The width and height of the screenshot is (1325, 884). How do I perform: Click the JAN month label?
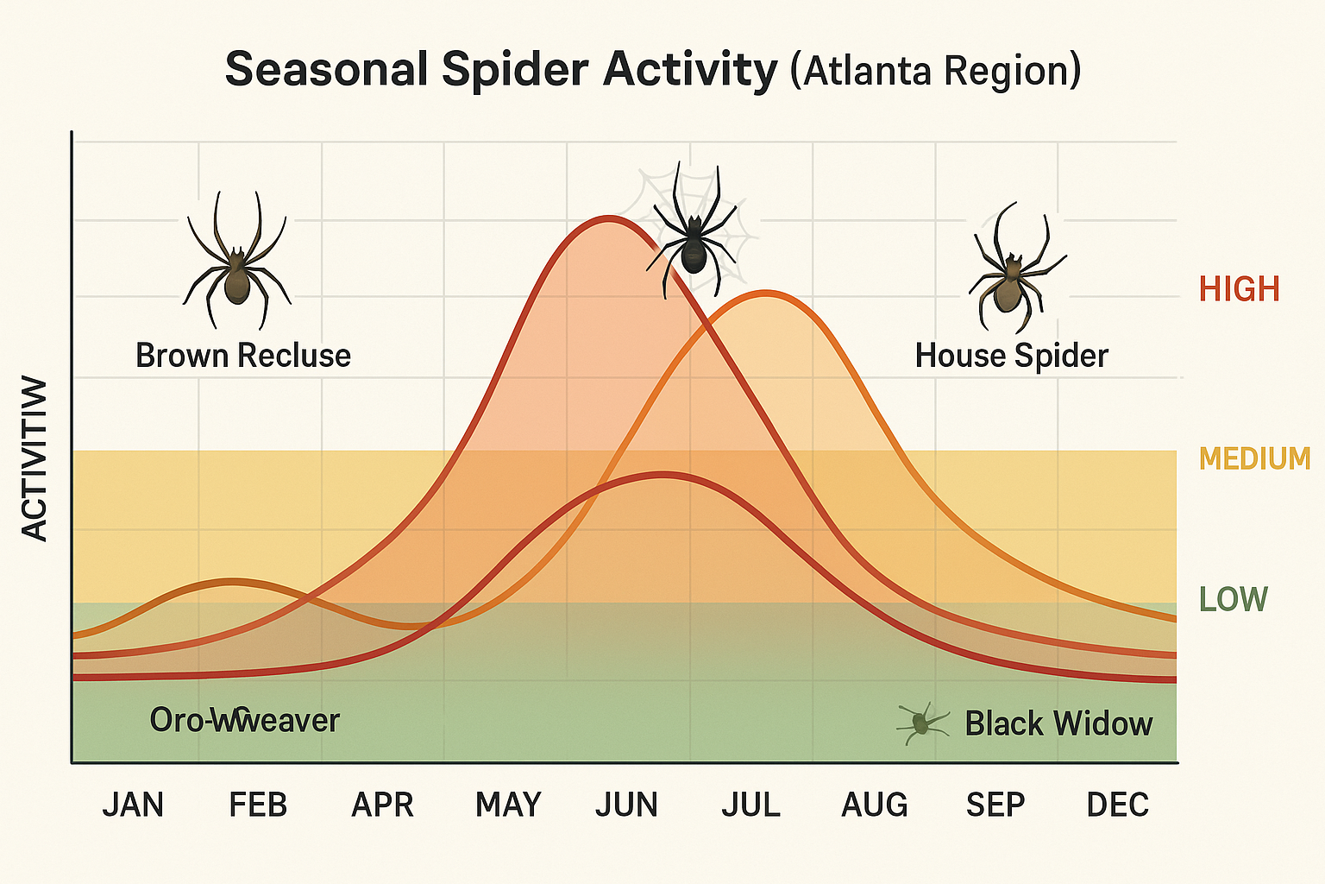(x=133, y=805)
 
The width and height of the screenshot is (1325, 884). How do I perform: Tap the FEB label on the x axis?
(x=257, y=805)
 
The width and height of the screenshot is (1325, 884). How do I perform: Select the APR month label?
(x=382, y=805)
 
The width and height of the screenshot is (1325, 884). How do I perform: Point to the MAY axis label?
(x=508, y=805)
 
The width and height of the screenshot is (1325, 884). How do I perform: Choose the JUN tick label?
(x=626, y=805)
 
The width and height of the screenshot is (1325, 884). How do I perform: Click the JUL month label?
(x=750, y=805)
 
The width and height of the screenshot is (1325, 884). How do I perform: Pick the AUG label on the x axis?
(x=875, y=805)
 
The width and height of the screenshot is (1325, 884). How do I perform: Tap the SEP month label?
(x=995, y=805)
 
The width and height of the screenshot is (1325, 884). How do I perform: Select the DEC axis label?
(x=1118, y=805)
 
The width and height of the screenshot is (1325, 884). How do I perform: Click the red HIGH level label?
(x=1239, y=289)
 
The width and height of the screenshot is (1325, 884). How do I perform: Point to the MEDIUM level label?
(x=1254, y=458)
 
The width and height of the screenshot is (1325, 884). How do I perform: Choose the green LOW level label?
(x=1234, y=599)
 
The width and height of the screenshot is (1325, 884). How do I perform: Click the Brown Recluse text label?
(x=243, y=356)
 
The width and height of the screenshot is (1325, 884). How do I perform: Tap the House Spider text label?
(x=1011, y=356)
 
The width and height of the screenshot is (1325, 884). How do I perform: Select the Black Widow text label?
(x=1058, y=723)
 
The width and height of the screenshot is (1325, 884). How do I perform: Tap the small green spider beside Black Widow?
(x=920, y=722)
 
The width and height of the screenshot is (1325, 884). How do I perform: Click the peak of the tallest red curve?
(x=608, y=218)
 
